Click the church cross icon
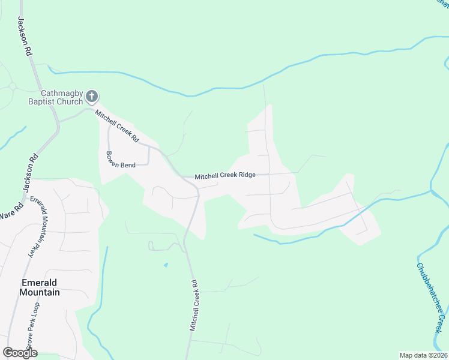pos(92,96)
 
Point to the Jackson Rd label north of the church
pos(24,36)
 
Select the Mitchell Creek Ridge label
pos(225,175)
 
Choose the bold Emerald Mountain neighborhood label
pos(40,287)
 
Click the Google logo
pos(20,353)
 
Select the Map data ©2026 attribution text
pos(423,355)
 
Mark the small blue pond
pos(166,265)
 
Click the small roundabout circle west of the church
pos(12,86)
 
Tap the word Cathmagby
pos(60,93)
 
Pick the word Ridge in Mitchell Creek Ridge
pos(247,175)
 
